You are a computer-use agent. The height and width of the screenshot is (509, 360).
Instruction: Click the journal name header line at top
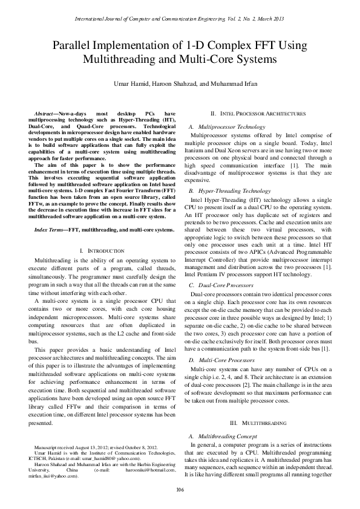click(180, 20)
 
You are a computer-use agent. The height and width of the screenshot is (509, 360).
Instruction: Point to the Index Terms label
click(51, 230)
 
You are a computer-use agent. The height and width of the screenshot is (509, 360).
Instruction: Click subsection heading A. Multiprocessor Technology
click(227, 127)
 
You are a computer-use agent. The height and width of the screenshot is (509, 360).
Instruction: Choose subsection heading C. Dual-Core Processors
click(221, 284)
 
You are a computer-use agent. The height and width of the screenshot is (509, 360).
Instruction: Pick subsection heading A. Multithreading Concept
click(226, 435)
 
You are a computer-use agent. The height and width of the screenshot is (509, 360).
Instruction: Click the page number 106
click(180, 488)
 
